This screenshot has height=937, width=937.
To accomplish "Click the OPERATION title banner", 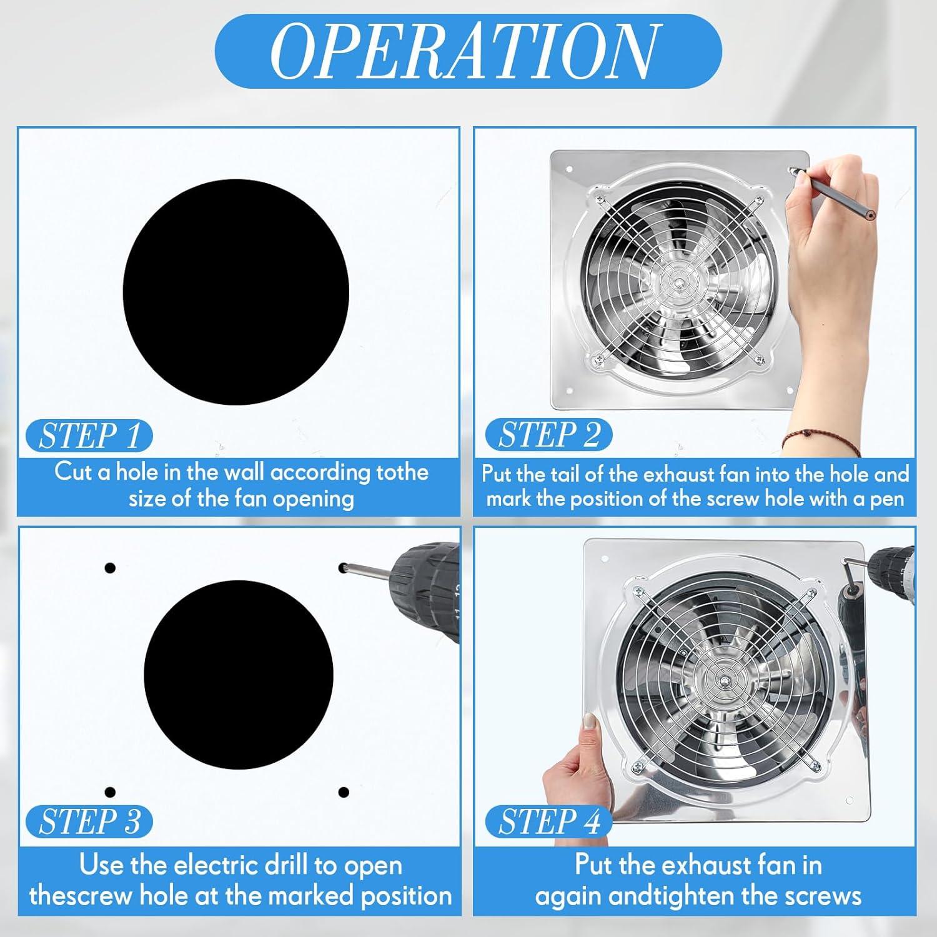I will click(x=468, y=51).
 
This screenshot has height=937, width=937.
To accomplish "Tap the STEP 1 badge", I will click(x=89, y=435).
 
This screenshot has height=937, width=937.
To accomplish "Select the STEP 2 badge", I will click(x=548, y=435).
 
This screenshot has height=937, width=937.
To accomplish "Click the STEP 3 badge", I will click(x=89, y=821).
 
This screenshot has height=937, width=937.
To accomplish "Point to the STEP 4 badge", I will click(x=548, y=821).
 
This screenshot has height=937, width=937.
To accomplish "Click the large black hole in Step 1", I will click(x=235, y=292).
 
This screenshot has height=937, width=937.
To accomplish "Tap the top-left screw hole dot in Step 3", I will click(x=110, y=568).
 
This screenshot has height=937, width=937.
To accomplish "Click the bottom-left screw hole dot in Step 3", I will click(x=110, y=792).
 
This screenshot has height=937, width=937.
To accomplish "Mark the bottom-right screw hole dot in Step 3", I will click(x=343, y=792).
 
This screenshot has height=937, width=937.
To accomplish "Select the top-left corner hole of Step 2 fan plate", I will click(x=568, y=169).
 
